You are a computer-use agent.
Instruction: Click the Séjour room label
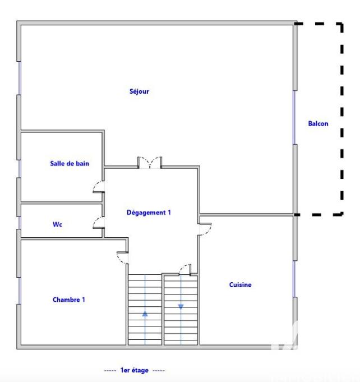[139, 91]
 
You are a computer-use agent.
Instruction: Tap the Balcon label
[318, 124]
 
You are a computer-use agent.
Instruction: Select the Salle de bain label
[70, 164]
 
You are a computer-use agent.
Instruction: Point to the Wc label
[57, 224]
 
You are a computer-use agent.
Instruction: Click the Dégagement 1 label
[148, 213]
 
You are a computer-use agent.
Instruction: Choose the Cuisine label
[240, 285]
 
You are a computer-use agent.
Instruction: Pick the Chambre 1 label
[69, 300]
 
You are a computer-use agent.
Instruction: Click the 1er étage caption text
[135, 371]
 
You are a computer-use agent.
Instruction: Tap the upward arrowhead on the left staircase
[145, 314]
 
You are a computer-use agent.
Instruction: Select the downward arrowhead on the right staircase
[181, 306]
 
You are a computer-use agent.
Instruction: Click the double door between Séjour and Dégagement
[150, 163]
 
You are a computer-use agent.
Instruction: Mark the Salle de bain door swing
[99, 187]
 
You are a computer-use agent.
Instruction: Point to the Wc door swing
[98, 222]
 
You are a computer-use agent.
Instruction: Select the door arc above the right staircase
[184, 269]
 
